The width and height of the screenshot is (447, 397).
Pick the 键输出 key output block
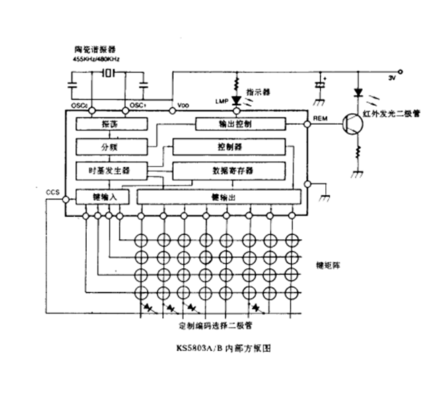219,196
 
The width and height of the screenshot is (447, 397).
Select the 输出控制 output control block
240,124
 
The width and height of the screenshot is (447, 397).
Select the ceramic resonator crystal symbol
108,73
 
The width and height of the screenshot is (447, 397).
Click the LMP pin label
222,101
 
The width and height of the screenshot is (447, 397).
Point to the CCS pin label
53,192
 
